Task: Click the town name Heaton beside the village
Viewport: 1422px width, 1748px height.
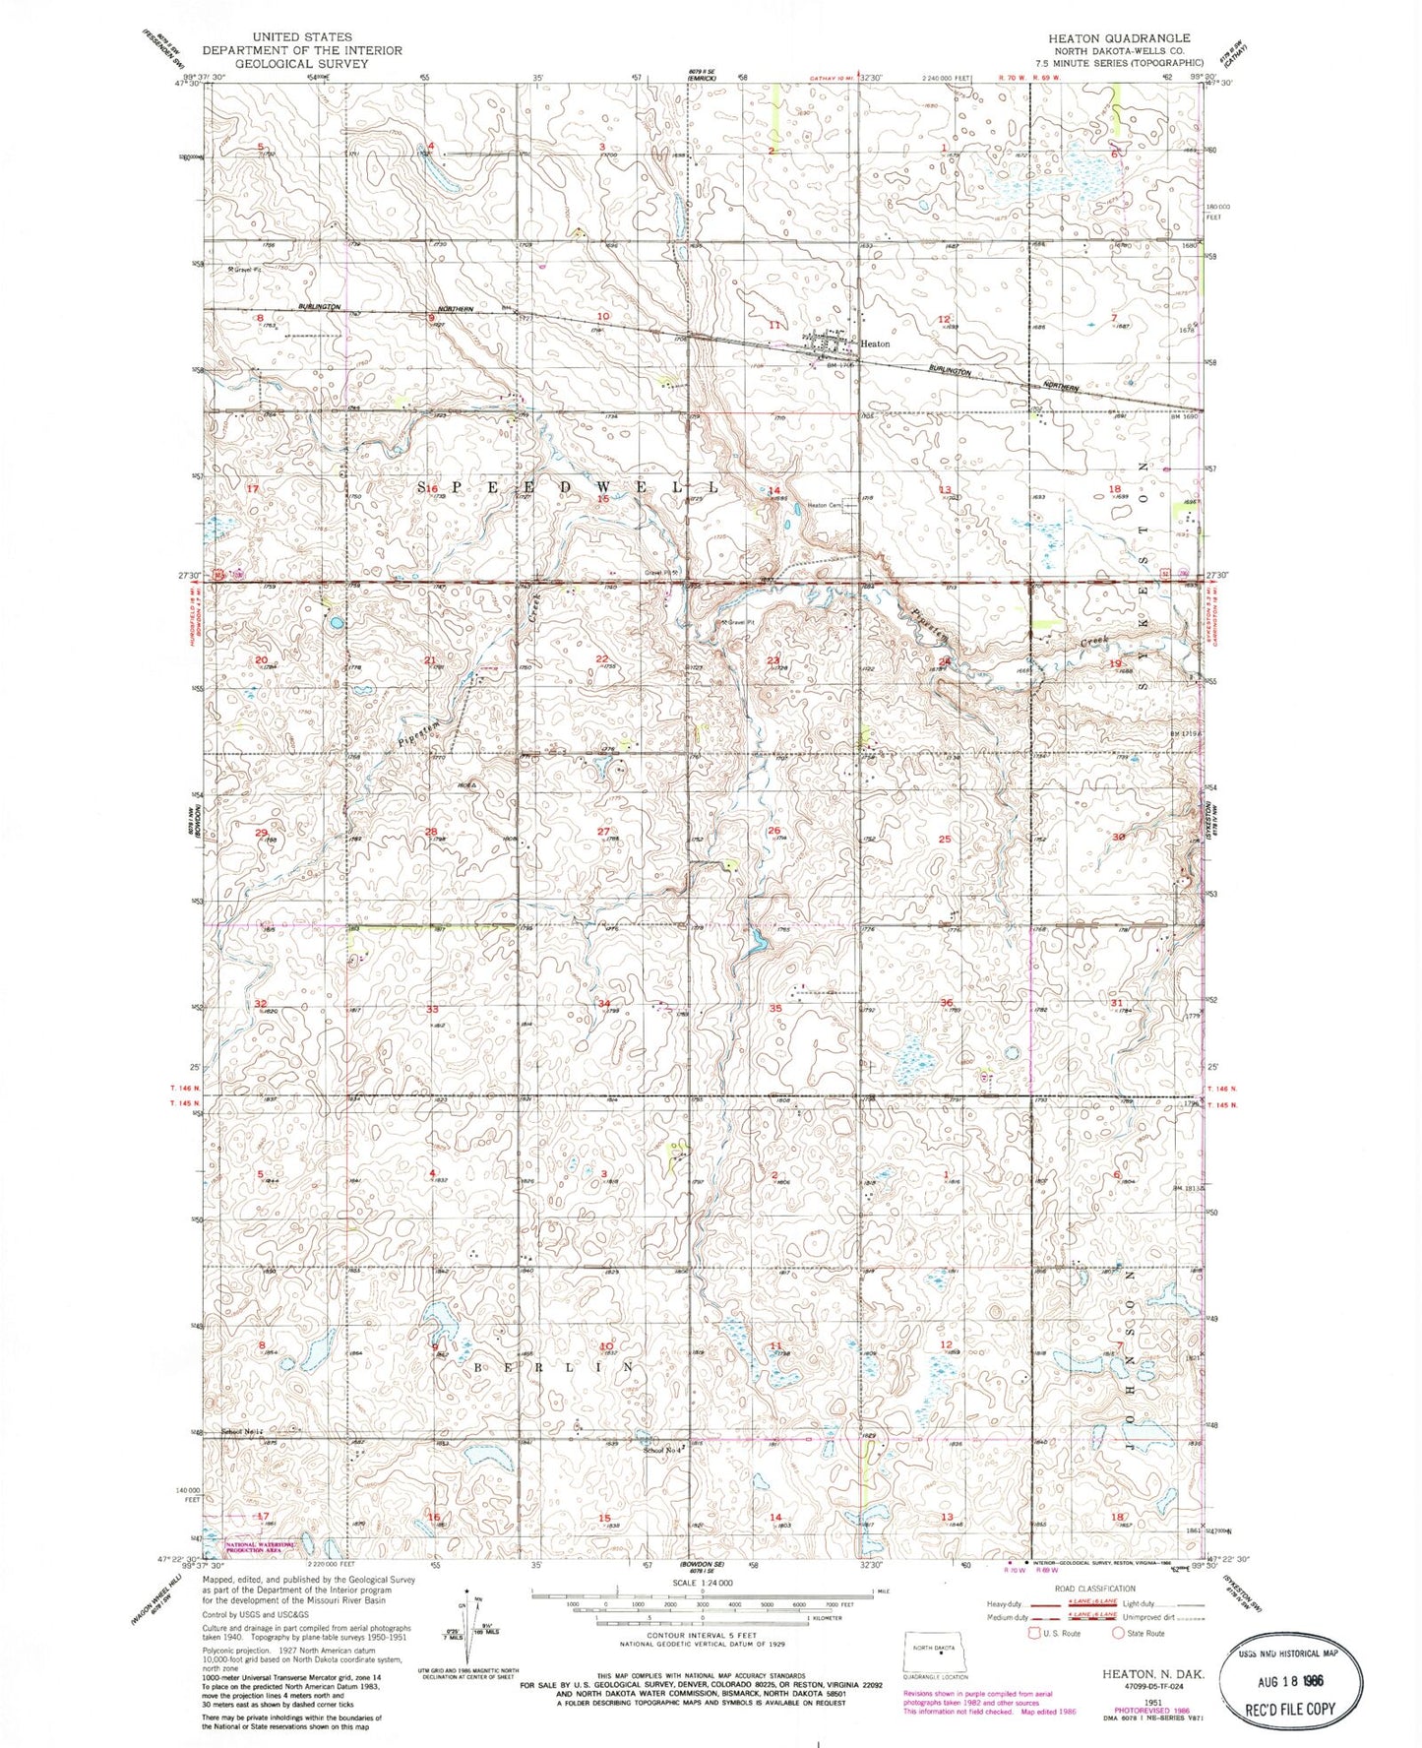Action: pos(875,344)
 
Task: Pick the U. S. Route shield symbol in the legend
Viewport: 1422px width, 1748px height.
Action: pos(1033,1634)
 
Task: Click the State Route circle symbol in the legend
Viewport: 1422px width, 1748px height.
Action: pos(1119,1634)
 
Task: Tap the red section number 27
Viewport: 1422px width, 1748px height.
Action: pos(603,832)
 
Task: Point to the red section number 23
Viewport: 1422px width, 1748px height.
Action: pos(773,660)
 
